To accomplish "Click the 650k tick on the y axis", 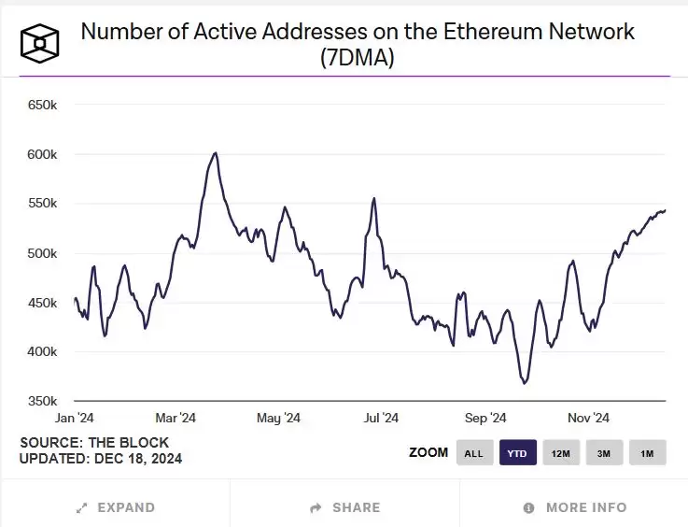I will point(43,105).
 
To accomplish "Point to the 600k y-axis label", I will point(43,154).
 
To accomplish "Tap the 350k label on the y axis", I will point(43,402).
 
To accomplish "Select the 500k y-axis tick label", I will point(43,253).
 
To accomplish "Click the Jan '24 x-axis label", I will point(75,418).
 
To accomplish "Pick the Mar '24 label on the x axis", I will point(175,418).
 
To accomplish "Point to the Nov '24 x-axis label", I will point(588,418).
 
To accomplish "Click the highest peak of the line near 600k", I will point(216,152).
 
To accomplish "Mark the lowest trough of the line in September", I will point(525,383).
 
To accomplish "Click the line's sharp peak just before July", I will point(374,198).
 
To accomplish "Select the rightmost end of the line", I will point(666,210).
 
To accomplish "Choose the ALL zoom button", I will point(474,453).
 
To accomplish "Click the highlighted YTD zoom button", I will point(517,453).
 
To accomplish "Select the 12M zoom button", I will point(561,453).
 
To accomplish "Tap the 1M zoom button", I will point(647,453).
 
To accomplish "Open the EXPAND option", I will point(116,507).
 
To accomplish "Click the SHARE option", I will point(345,507).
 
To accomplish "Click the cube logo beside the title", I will point(40,41).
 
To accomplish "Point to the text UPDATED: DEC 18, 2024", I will point(101,459).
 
